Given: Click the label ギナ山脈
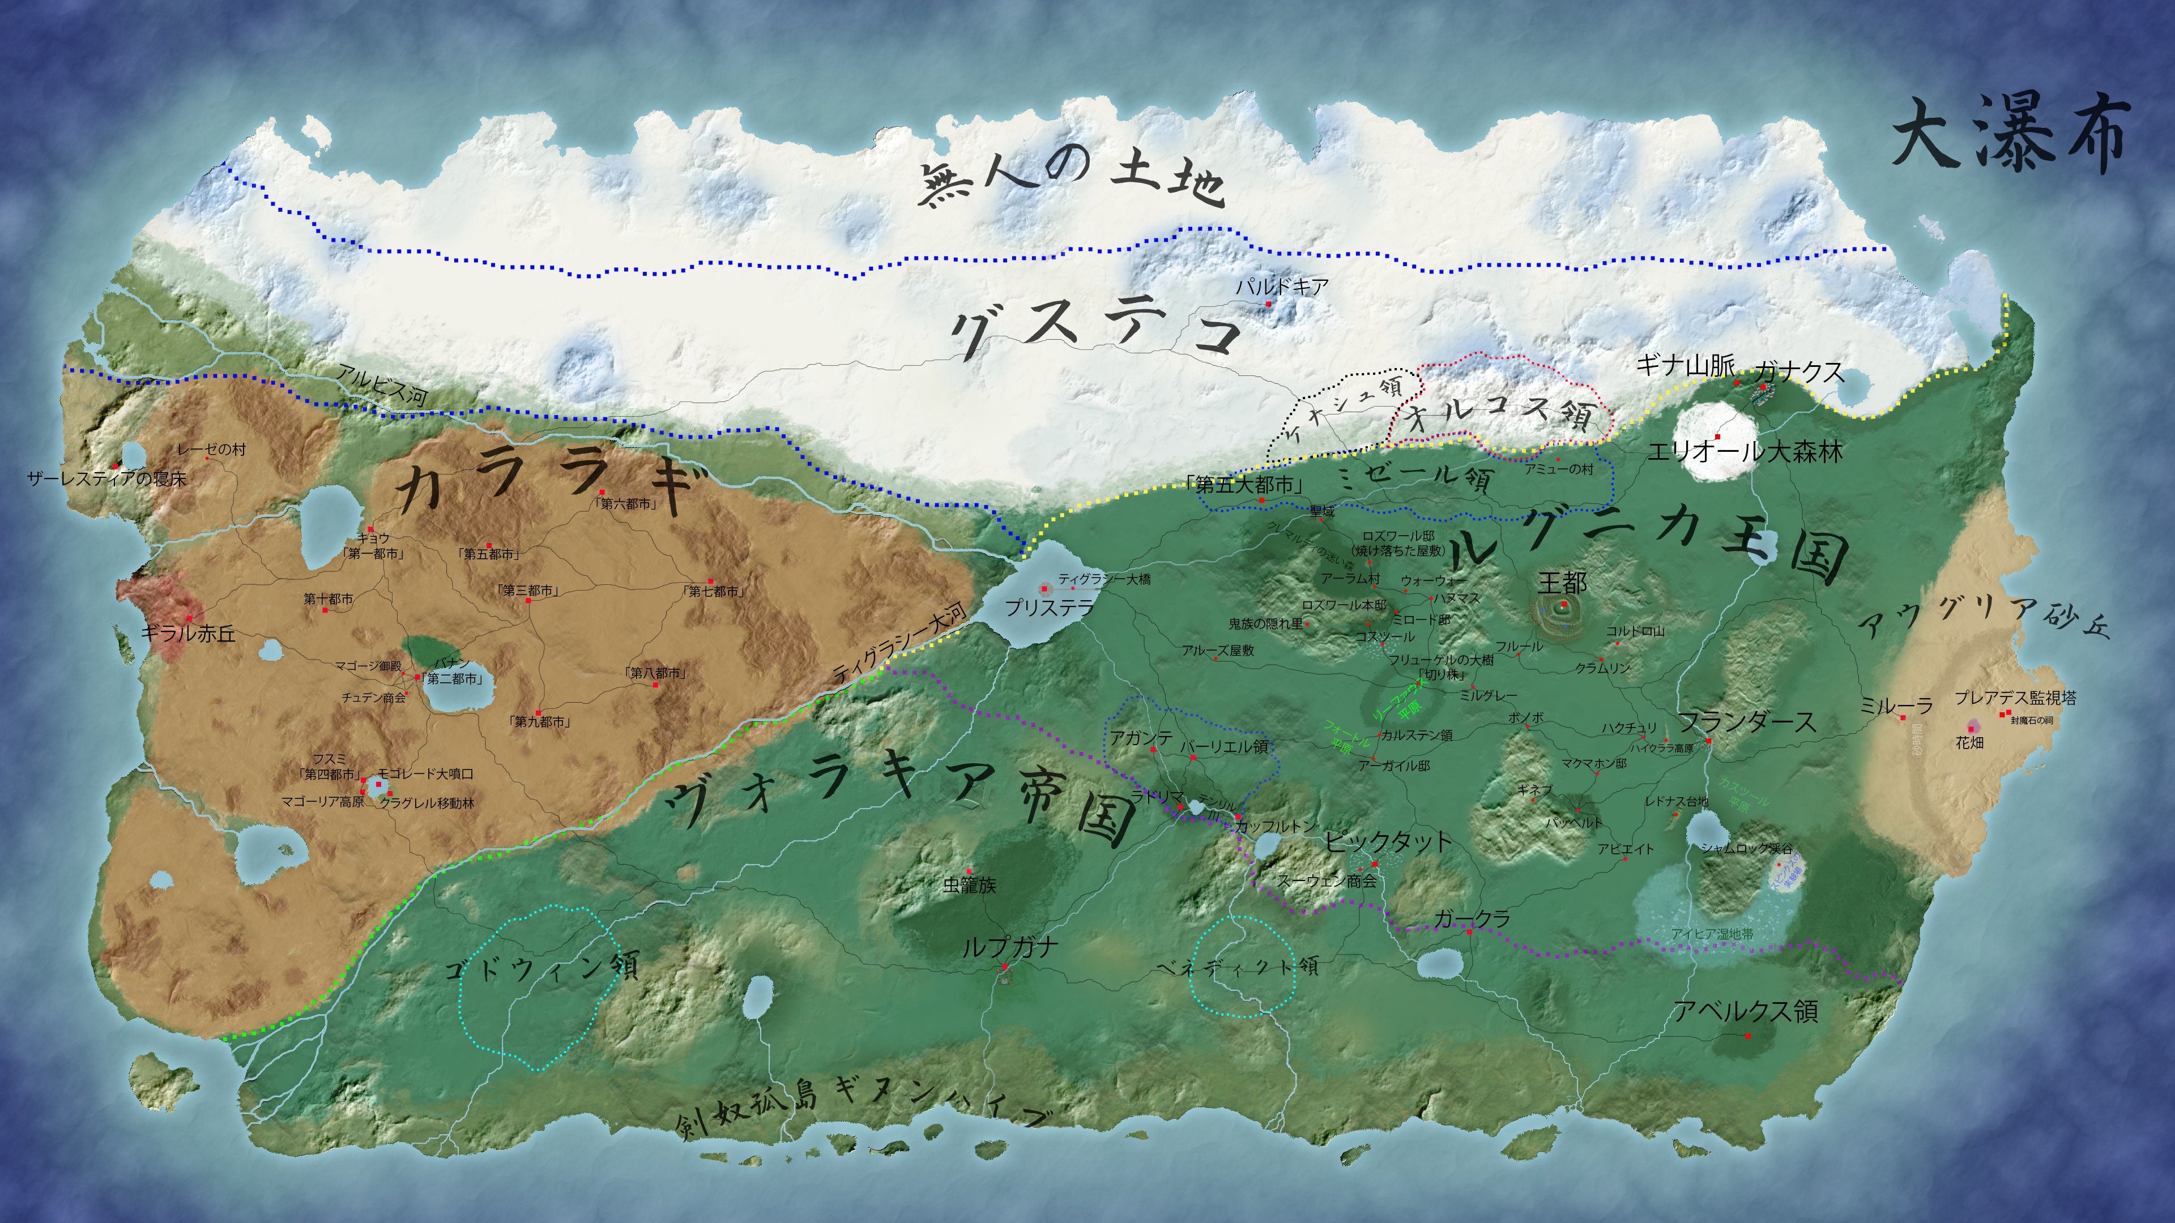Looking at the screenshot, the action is (1684, 365).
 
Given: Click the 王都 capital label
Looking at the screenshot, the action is (1562, 583).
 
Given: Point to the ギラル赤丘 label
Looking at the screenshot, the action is (187, 633).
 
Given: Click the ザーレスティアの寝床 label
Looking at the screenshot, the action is (106, 478).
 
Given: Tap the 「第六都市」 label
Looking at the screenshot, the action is (626, 504).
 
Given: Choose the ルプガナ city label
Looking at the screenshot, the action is (1010, 947).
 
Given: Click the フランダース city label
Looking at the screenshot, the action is (1746, 722).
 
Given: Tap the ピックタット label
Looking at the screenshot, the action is (1387, 841).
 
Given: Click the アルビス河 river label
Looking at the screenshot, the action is (382, 385).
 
